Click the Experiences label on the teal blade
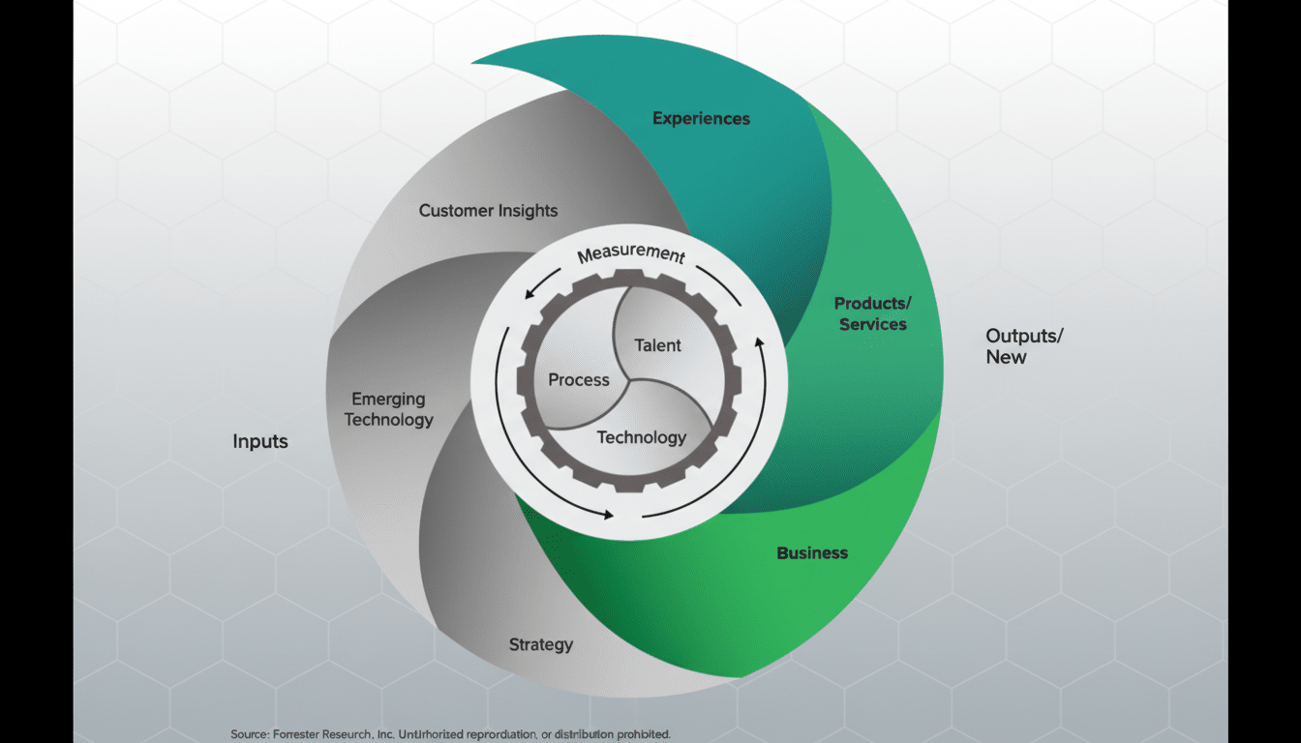click(x=701, y=118)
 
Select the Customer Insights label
click(x=488, y=210)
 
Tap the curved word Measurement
click(x=631, y=255)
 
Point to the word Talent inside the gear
click(x=657, y=345)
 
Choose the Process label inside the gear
click(x=579, y=380)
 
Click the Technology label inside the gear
click(x=641, y=437)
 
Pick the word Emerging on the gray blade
click(x=388, y=399)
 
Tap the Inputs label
click(x=260, y=441)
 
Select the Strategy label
click(x=541, y=644)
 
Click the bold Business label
click(x=812, y=552)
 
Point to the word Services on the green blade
click(x=873, y=324)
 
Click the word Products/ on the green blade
click(x=872, y=303)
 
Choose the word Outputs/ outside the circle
click(x=1024, y=336)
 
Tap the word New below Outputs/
click(x=1006, y=357)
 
